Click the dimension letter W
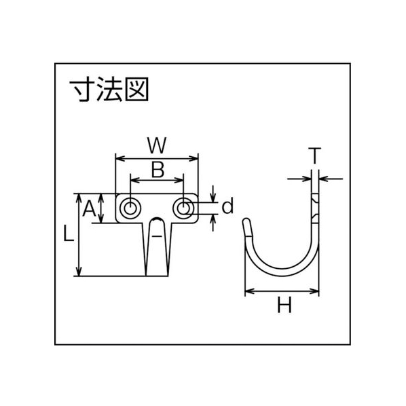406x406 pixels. pyautogui.click(x=157, y=145)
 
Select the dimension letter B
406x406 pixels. pyautogui.click(x=158, y=170)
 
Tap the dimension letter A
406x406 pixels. pyautogui.click(x=89, y=209)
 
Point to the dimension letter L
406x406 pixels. pyautogui.click(x=69, y=234)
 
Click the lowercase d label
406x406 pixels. pyautogui.click(x=227, y=206)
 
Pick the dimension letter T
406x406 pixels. pyautogui.click(x=314, y=155)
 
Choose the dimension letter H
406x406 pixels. pyautogui.click(x=284, y=305)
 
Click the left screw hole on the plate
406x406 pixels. pyautogui.click(x=130, y=208)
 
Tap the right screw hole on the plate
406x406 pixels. pyautogui.click(x=183, y=208)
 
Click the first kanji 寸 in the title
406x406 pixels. pyautogui.click(x=83, y=90)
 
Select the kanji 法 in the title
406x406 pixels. pyautogui.click(x=109, y=90)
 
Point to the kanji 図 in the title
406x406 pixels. pyautogui.click(x=136, y=90)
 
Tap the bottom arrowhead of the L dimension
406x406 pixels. pyautogui.click(x=79, y=272)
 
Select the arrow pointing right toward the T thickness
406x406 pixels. pyautogui.click(x=299, y=179)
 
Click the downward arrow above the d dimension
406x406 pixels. pyautogui.click(x=213, y=193)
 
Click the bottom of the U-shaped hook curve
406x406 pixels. pyautogui.click(x=282, y=272)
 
